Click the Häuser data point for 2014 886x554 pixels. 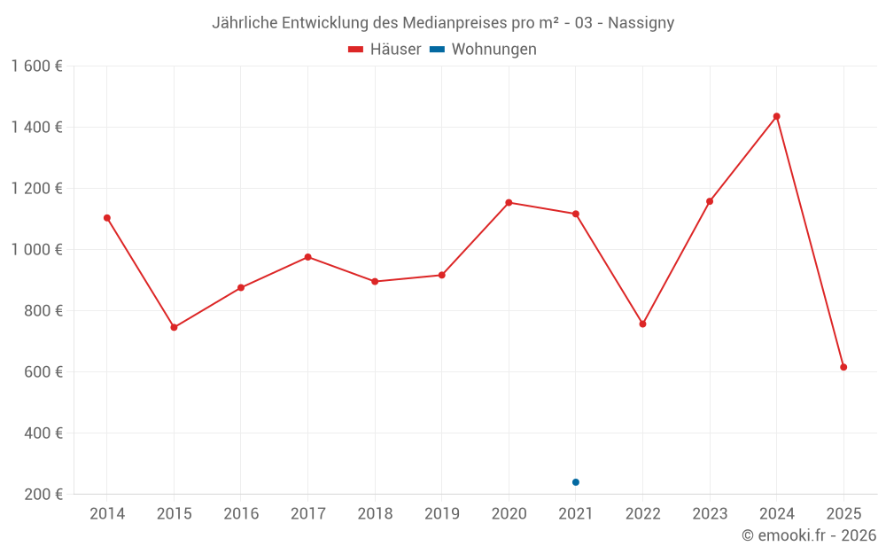coord(107,218)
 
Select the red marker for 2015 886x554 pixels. coord(174,328)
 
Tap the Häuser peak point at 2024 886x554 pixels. coord(777,116)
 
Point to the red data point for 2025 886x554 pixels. coord(843,367)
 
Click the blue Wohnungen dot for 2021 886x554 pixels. coord(576,482)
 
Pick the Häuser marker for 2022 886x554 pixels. coord(643,324)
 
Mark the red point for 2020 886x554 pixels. coord(509,203)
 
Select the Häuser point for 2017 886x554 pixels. coord(307,257)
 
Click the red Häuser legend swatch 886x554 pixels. coord(356,50)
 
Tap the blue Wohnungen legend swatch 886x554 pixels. coord(437,50)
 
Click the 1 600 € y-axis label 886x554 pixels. coord(36,66)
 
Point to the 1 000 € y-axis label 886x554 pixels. coord(36,250)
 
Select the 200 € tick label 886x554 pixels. coord(42,495)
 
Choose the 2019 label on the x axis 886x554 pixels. coord(442,514)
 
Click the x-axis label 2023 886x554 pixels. coord(710,514)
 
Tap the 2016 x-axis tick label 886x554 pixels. coord(241,514)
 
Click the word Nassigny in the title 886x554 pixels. coord(641,23)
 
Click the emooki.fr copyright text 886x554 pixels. coord(809,535)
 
